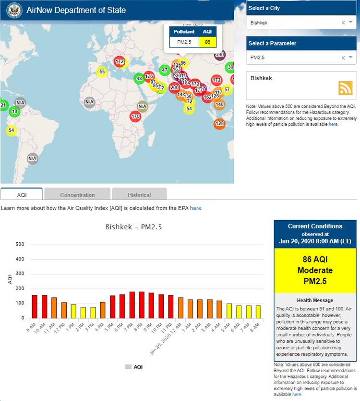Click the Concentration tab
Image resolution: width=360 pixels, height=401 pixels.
[77, 195]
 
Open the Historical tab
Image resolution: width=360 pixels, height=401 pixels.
[139, 195]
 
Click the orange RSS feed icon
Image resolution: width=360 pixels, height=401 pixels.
[346, 88]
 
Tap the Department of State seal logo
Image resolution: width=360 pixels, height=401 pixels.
[13, 10]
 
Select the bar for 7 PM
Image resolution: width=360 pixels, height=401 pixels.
[132, 305]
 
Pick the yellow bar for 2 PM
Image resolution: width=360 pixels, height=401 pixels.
[83, 312]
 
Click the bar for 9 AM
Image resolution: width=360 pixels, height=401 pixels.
[35, 306]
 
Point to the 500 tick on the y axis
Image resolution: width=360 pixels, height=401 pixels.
[20, 244]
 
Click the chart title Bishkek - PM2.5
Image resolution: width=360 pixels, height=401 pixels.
[133, 227]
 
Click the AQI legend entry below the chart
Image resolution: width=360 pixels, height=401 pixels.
[134, 367]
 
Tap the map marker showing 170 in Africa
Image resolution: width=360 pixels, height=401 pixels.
[135, 116]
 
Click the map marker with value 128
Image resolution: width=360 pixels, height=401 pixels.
[219, 124]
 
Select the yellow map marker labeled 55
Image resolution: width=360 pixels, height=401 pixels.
[102, 72]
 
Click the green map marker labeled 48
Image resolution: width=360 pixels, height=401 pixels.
[139, 78]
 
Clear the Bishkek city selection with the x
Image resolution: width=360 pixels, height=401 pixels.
[343, 23]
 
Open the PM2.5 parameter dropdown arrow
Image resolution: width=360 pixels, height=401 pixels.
[351, 58]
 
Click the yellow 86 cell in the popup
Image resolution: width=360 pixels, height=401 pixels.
[207, 42]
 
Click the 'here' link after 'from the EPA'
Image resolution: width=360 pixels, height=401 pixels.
[196, 208]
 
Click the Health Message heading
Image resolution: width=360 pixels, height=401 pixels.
[315, 300]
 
